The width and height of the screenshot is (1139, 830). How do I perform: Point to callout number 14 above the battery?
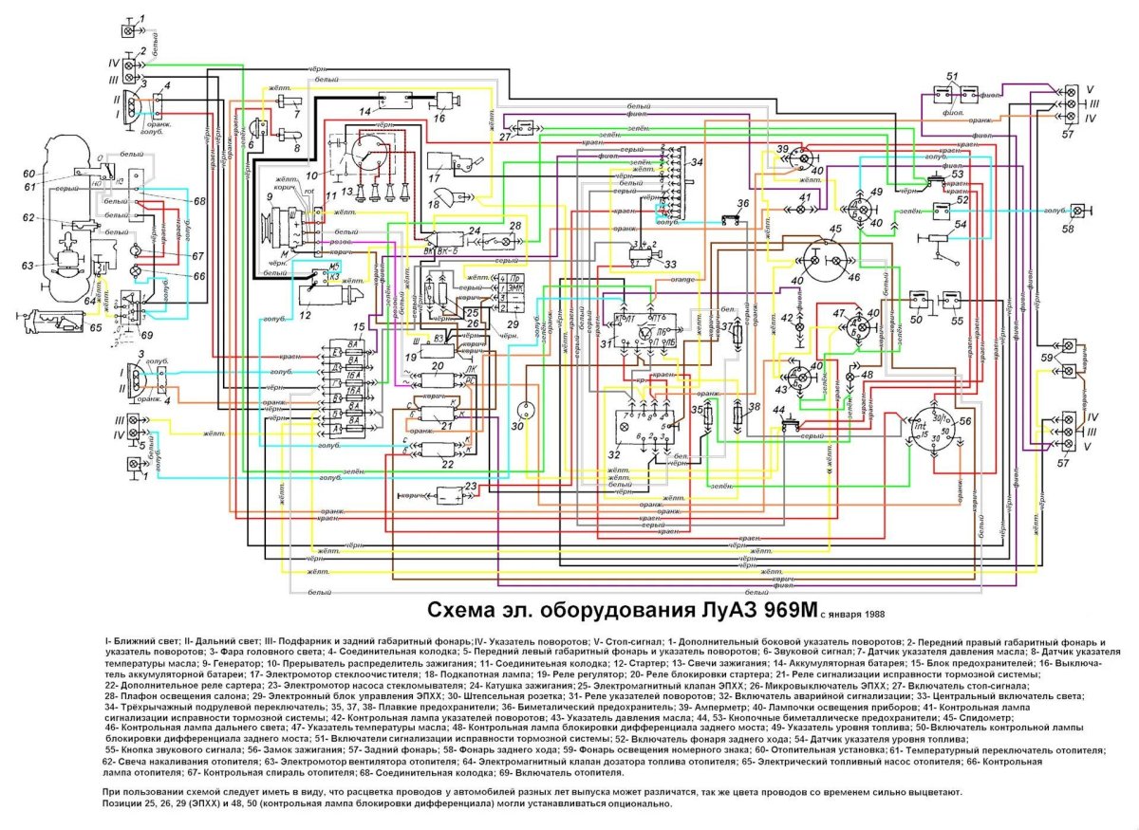tap(364, 112)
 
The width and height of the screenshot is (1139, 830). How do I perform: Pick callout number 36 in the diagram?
tap(743, 204)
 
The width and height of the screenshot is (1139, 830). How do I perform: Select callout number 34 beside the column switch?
tap(698, 161)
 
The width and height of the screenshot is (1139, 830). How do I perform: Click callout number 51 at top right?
tap(952, 76)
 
